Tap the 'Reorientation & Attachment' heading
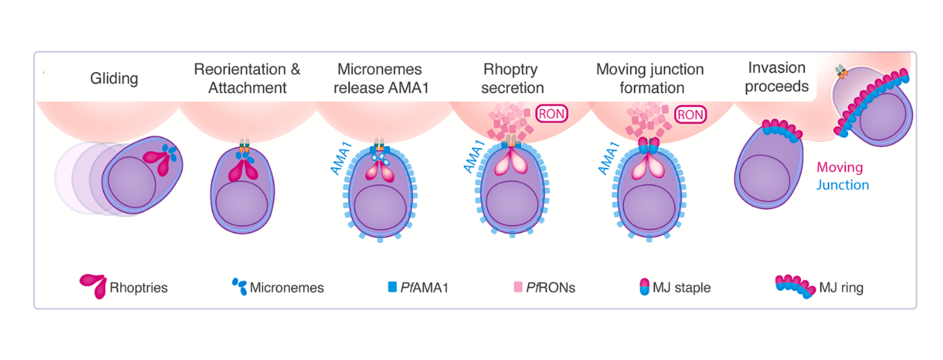tap(247, 78)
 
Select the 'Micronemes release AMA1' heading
tap(381, 78)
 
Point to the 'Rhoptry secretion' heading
tap(512, 78)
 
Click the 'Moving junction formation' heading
tap(650, 78)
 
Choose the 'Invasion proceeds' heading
tap(777, 77)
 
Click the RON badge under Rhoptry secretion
tap(552, 114)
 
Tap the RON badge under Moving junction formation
tap(690, 114)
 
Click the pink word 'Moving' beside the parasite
tap(840, 167)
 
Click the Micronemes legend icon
tap(240, 286)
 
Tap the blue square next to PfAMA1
tap(392, 287)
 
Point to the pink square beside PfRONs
tap(518, 287)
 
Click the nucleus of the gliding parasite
tap(132, 182)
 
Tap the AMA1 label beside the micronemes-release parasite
tap(341, 158)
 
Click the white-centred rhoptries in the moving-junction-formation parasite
tap(648, 167)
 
